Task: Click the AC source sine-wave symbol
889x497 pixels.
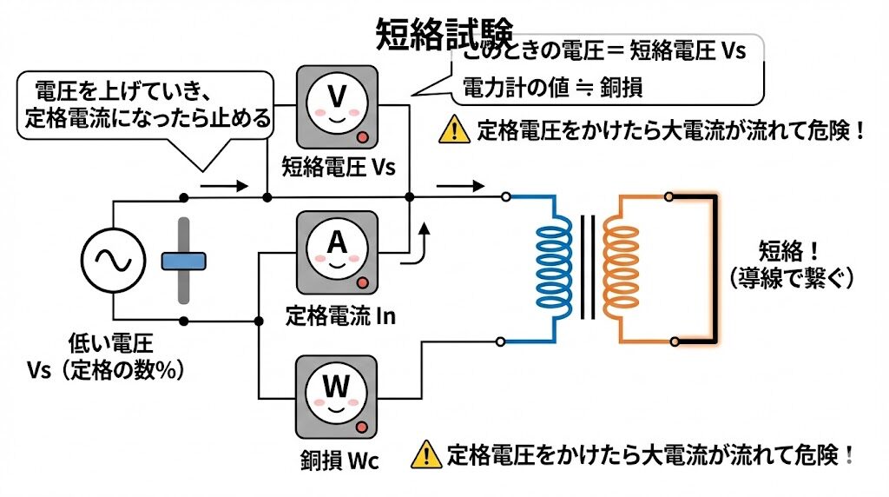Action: pos(113,259)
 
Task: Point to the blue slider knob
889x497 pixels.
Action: pos(183,260)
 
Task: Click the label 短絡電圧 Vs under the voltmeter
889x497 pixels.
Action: pos(339,167)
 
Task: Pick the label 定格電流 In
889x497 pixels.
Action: pos(340,315)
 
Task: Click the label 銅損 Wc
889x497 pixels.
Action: pos(340,458)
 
